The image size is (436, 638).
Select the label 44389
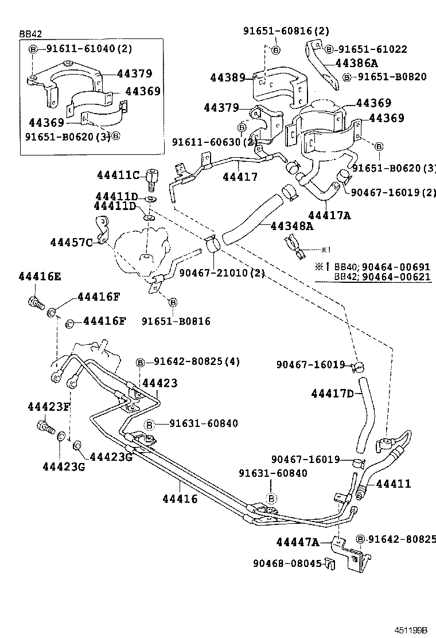[228, 77]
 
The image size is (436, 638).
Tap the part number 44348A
[293, 227]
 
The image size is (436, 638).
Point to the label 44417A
[329, 216]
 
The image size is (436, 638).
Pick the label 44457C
[72, 242]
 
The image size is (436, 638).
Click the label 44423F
[49, 407]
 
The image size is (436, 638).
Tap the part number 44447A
[297, 542]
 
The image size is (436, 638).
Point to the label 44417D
[332, 393]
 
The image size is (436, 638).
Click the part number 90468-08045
[287, 563]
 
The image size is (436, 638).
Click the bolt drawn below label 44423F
[45, 427]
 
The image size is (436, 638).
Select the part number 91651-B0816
[176, 321]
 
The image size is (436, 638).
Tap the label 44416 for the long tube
[180, 499]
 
